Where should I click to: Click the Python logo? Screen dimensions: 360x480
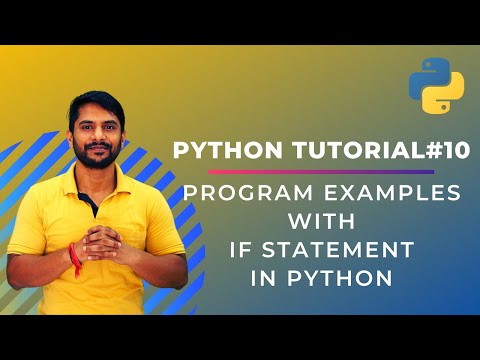(436, 86)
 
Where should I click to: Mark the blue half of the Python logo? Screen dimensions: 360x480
(428, 76)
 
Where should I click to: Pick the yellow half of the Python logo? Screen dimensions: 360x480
(445, 97)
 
